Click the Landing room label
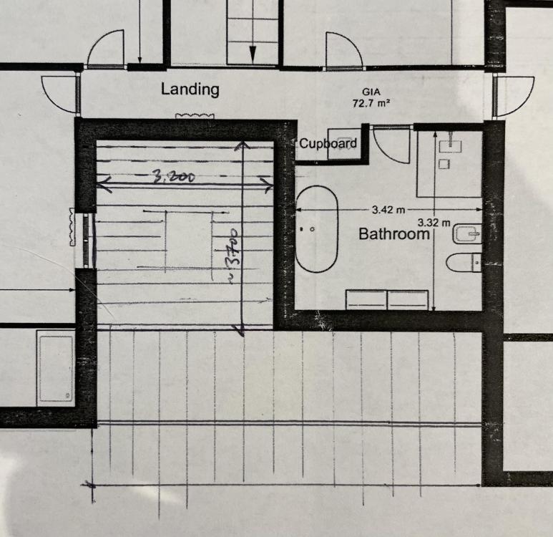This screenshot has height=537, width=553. click(x=190, y=89)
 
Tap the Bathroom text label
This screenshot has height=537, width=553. click(x=394, y=234)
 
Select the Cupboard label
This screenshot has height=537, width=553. click(x=328, y=144)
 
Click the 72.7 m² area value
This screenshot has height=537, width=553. click(x=371, y=103)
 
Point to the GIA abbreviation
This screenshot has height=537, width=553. click(x=371, y=92)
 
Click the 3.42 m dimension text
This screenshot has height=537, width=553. click(x=388, y=210)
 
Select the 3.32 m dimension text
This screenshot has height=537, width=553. click(x=434, y=223)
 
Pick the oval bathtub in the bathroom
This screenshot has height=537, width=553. click(x=316, y=229)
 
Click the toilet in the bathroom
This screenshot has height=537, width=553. click(x=464, y=262)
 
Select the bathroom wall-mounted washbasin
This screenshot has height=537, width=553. click(x=467, y=233)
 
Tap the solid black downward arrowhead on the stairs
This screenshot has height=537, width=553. click(x=253, y=54)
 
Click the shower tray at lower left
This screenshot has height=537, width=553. click(x=56, y=368)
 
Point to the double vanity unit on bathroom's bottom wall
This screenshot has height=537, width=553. click(x=387, y=300)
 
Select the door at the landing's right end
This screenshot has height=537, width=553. click(x=514, y=96)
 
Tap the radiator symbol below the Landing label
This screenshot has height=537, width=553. click(x=195, y=115)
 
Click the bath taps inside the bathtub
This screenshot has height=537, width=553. click(x=307, y=229)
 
